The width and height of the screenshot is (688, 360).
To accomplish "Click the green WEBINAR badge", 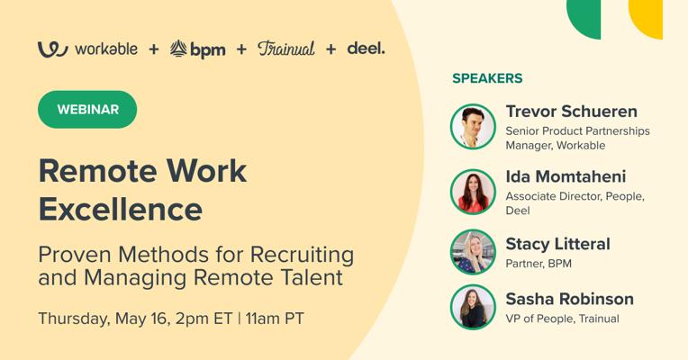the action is pos(87,110).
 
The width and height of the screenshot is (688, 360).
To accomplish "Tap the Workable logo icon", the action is pos(52,49).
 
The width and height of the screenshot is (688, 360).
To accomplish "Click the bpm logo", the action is pos(197,49).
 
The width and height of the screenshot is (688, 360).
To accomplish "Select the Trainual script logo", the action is pos(286,49).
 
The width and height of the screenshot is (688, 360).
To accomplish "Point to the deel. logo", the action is pos(366,49).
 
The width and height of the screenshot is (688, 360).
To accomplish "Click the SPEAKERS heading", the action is pos(487,78).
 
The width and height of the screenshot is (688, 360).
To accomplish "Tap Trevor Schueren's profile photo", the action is pos(473,127).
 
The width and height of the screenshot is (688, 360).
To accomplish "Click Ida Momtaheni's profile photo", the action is pos(473,192).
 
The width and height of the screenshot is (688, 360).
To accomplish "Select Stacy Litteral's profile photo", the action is pos(473,252).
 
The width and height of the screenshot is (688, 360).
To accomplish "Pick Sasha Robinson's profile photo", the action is pos(473,308).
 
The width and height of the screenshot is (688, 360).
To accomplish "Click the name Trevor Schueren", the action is pos(571,112).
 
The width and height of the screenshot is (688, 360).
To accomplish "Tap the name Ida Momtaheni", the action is pos(566,176).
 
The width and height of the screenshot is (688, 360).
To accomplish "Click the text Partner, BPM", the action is pos(539,264).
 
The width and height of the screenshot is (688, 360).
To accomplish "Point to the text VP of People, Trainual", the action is pos(563,319).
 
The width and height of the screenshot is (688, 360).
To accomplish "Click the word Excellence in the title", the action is pos(121,209).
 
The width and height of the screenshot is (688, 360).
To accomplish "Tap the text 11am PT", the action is pos(275,319).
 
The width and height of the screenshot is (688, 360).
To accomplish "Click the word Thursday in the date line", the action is pos(74,319).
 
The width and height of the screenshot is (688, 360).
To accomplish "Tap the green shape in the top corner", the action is pos(584,18).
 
